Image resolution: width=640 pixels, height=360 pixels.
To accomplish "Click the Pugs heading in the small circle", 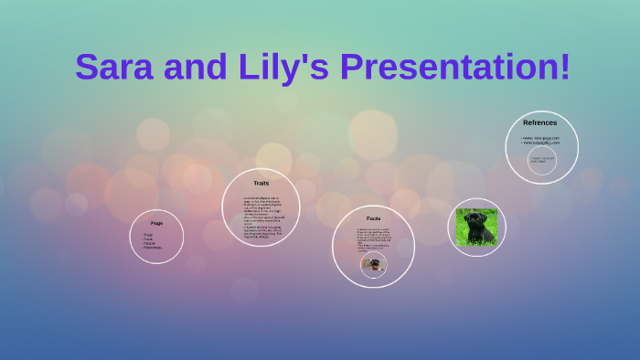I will [x=156, y=223].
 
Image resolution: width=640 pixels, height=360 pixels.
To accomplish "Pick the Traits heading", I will [x=261, y=184].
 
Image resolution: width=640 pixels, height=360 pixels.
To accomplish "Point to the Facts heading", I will [x=373, y=218].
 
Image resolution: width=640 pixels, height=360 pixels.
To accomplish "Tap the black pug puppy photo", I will [x=476, y=228].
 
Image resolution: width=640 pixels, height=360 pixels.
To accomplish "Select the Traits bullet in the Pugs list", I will [x=149, y=234].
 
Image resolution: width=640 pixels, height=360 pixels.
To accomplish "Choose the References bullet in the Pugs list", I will [x=153, y=248].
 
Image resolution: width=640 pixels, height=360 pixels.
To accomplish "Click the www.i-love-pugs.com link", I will [x=540, y=138].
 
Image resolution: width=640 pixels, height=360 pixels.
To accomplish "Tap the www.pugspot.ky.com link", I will [x=540, y=143].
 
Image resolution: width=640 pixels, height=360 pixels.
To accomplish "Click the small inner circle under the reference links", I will [x=541, y=161].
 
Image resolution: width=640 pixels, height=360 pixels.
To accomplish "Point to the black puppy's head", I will [x=475, y=219].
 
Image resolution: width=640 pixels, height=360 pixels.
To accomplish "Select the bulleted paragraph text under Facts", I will [x=372, y=239].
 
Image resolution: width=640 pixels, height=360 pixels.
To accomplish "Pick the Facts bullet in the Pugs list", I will [x=148, y=238].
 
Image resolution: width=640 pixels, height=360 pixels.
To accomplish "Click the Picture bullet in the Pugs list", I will [x=150, y=243].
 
